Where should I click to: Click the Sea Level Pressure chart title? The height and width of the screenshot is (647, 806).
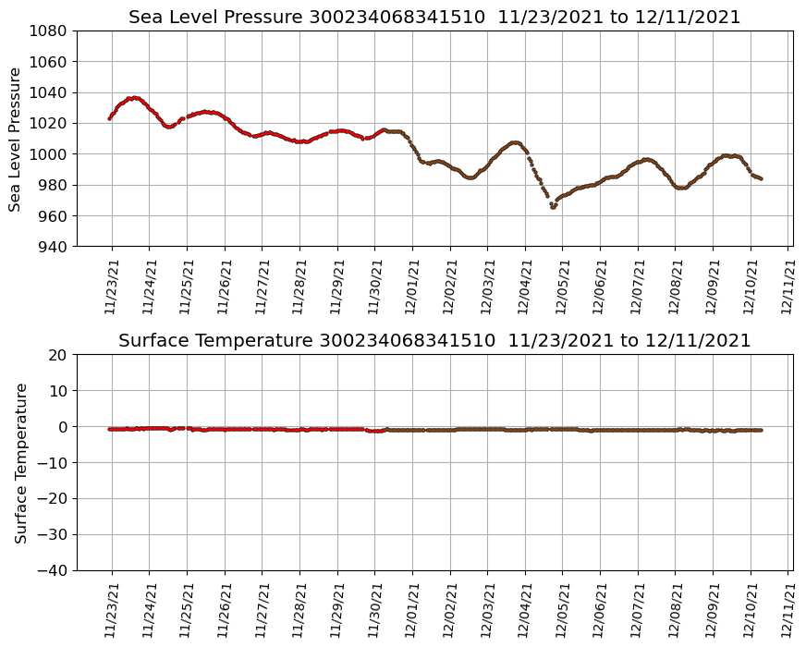point(434,18)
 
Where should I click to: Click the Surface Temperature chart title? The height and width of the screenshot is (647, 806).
point(434,341)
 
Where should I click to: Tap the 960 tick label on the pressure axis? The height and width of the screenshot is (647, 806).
point(52,215)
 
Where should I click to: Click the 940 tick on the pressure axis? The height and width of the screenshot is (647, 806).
point(52,247)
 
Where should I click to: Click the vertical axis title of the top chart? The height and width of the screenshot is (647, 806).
point(16,139)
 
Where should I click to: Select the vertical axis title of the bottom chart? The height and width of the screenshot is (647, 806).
point(19,462)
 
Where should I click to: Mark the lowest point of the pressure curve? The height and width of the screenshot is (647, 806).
point(553,207)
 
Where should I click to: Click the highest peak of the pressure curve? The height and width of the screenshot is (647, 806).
point(134,97)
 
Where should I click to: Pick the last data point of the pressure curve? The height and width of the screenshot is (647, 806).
point(761,178)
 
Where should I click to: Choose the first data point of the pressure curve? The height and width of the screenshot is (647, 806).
point(109,118)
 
